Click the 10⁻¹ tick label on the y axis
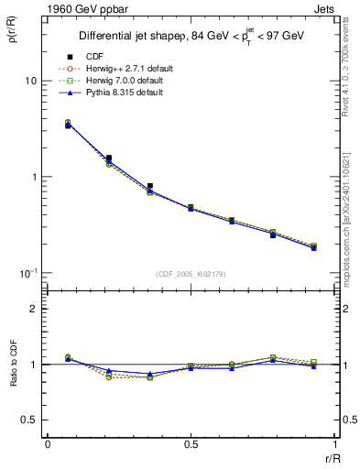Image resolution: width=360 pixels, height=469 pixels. [x=28, y=273]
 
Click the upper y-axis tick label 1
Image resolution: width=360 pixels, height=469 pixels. [x=34, y=177]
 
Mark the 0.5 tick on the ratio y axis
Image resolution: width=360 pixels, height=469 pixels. [x=29, y=420]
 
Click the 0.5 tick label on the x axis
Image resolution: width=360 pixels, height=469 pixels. [x=191, y=444]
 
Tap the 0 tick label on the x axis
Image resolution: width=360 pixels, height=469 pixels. [x=48, y=444]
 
